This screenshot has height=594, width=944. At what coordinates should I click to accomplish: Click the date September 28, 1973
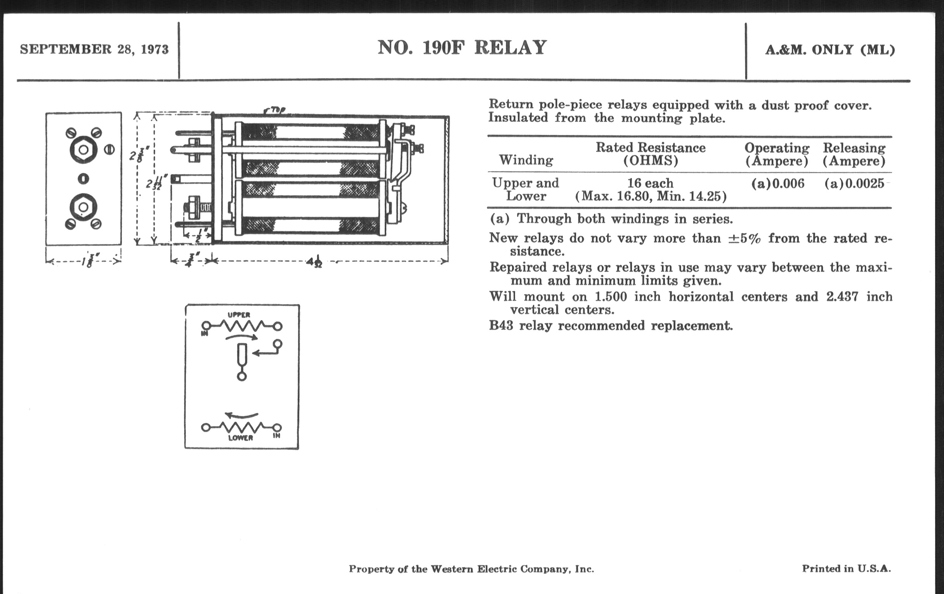94,49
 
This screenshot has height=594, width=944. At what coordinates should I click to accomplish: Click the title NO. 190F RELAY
462,48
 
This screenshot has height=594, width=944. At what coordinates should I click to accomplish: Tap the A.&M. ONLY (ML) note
830,50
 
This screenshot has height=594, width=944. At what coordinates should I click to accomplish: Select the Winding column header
526,160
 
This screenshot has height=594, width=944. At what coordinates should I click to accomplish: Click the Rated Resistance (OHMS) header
651,154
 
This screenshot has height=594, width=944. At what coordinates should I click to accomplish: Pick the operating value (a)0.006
777,184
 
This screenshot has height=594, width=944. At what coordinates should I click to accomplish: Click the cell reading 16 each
651,183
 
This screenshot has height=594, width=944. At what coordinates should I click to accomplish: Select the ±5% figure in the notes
744,238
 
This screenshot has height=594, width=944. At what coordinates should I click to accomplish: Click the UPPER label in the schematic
239,315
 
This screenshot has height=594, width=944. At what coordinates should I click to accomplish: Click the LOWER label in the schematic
240,438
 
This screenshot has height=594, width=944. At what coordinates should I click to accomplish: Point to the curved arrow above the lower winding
241,415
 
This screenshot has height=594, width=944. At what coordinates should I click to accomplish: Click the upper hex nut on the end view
83,149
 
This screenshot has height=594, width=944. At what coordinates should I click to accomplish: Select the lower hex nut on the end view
83,207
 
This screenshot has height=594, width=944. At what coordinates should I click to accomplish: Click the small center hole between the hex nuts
83,179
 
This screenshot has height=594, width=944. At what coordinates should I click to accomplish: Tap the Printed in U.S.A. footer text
846,568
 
